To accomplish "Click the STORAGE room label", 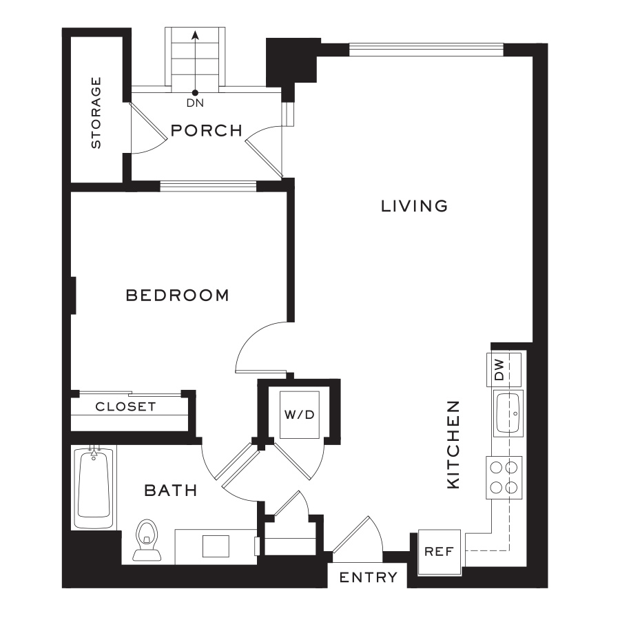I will pyautogui.click(x=96, y=112).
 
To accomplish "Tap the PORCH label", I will pyautogui.click(x=207, y=130).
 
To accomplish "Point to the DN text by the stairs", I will pyautogui.click(x=195, y=104).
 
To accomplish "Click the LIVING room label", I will pyautogui.click(x=415, y=206).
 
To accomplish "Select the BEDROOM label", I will pyautogui.click(x=177, y=296).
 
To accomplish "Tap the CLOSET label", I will pyautogui.click(x=125, y=406).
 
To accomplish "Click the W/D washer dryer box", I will pyautogui.click(x=300, y=415).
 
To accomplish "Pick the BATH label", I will pyautogui.click(x=170, y=490).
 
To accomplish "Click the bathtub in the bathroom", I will pyautogui.click(x=94, y=486).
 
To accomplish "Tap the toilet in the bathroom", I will pyautogui.click(x=146, y=539).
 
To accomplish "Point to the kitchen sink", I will pyautogui.click(x=508, y=413).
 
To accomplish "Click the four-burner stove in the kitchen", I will pyautogui.click(x=504, y=477).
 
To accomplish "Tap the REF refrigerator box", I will pyautogui.click(x=438, y=551).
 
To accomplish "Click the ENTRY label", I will pyautogui.click(x=368, y=577).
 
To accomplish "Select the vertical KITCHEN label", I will pyautogui.click(x=453, y=444).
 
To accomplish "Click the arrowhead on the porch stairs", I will pyautogui.click(x=195, y=34).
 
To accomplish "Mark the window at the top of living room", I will pyautogui.click(x=426, y=49).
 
